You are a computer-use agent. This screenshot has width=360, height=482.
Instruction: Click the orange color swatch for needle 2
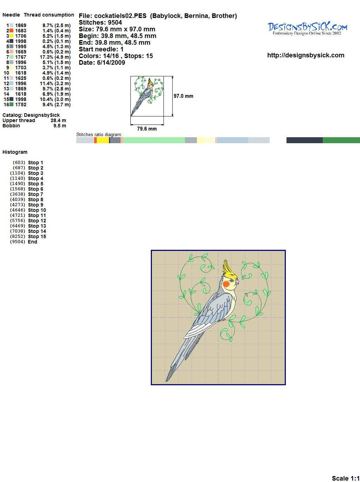pos(11,31)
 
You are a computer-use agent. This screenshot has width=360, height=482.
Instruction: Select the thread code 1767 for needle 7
pos(21,57)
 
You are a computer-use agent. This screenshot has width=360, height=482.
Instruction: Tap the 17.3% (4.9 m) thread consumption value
pos(55,57)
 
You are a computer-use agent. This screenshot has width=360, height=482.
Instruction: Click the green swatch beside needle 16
pos(11,104)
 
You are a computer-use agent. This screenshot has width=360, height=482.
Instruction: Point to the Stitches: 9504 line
pos(100,23)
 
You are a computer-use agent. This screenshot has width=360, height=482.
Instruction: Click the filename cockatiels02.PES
pos(120,16)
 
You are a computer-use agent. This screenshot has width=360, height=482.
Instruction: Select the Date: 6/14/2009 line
pos(102,63)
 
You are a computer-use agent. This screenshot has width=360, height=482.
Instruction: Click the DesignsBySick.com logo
pos(307,28)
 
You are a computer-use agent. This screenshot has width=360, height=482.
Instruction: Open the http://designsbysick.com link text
pos(306,55)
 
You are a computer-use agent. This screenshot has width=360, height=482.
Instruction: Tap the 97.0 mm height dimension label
pos(184,96)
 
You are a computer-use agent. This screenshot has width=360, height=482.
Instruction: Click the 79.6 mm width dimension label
pos(147,129)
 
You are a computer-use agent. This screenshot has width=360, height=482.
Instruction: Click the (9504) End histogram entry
pos(24,242)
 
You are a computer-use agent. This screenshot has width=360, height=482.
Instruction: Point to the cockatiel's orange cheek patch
pos(226,284)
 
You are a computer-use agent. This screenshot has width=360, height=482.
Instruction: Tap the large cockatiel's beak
pos(237,282)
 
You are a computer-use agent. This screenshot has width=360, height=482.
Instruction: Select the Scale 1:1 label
pos(346,478)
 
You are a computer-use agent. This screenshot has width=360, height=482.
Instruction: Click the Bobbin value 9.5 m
pos(60,126)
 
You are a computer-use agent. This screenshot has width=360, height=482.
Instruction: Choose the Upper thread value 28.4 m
pos(58,120)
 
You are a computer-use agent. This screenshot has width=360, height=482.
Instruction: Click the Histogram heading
pos(15,152)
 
